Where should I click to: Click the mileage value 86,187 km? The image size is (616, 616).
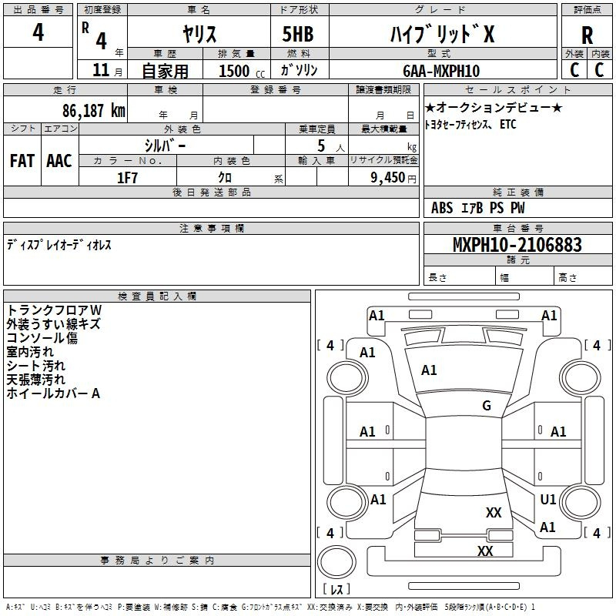[94, 111]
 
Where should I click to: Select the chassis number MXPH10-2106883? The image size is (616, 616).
[517, 244]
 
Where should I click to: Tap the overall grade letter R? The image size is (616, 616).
[587, 35]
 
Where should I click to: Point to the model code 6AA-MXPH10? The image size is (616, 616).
[441, 71]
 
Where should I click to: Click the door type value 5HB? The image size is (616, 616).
[298, 34]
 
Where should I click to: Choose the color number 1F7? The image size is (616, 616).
[127, 178]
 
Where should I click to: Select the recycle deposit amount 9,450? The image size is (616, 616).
[387, 178]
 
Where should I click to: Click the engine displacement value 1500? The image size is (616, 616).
[234, 71]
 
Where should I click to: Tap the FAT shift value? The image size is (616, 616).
[22, 161]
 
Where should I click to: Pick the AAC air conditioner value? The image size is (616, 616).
[59, 161]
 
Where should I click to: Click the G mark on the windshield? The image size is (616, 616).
[487, 406]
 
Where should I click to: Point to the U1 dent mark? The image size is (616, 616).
[548, 499]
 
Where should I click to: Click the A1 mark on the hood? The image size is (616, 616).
[429, 370]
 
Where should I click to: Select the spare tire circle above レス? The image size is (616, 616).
[336, 561]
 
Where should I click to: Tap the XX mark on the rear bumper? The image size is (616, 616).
[485, 551]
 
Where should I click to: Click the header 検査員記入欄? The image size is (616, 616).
[157, 296]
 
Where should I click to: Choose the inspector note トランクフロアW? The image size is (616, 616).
[54, 310]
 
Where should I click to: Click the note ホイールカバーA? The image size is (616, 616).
[53, 393]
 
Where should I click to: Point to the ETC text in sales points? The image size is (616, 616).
[508, 125]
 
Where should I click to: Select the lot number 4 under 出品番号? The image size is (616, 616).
[38, 32]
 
